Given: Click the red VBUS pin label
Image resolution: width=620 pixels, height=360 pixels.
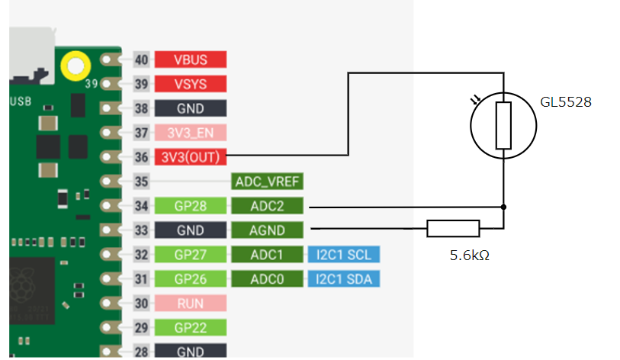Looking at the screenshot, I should point(191,59).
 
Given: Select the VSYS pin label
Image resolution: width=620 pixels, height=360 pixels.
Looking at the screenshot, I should point(191,84).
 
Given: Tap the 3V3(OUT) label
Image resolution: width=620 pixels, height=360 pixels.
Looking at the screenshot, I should point(191,157).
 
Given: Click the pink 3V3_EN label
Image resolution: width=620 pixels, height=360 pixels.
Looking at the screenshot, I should point(191,133).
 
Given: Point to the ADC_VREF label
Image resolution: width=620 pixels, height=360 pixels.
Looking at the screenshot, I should point(267,182).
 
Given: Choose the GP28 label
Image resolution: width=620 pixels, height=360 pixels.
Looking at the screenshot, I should point(191,206).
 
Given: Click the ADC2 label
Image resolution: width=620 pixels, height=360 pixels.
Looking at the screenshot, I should point(267,206).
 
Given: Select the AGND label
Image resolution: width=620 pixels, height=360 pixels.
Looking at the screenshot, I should point(267,230).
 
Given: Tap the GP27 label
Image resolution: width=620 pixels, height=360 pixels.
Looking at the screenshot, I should point(191,255).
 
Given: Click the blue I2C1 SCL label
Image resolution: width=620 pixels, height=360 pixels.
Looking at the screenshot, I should point(344,255).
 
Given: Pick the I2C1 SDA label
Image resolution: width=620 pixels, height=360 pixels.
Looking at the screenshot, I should point(344,279).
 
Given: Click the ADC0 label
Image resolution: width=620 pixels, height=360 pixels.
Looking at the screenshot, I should point(267,279).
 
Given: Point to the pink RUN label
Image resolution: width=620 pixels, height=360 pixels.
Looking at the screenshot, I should point(191,304).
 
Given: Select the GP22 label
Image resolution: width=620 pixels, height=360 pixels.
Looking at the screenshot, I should point(191,328).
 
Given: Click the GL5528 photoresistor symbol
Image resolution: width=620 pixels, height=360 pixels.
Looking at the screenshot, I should point(503,126).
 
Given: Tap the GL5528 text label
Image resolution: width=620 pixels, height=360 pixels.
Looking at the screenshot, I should point(567,101).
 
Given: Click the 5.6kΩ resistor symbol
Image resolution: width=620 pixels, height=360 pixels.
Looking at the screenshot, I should point(453,227).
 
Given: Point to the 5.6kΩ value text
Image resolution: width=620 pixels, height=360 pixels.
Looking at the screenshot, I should point(469,256).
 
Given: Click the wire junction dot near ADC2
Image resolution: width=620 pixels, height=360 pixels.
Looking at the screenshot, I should point(503,206).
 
